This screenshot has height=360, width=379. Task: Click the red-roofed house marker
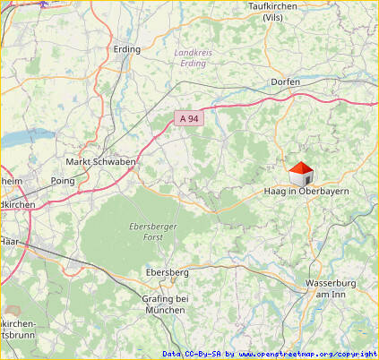tap(301, 173)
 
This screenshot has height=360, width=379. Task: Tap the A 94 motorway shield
tap(187, 117)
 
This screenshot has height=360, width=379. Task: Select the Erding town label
tap(127, 49)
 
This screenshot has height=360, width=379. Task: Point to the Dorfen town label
tap(285, 82)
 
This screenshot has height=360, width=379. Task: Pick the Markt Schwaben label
tap(101, 162)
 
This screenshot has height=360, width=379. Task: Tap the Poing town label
tap(64, 180)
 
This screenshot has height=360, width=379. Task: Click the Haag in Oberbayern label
tap(306, 192)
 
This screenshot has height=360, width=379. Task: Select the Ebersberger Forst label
tap(153, 233)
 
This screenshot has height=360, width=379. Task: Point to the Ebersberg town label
tap(167, 271)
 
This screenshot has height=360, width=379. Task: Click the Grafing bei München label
tap(165, 304)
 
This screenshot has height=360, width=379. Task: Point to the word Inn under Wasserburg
tap(337, 294)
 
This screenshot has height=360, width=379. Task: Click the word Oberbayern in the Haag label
tap(323, 192)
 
